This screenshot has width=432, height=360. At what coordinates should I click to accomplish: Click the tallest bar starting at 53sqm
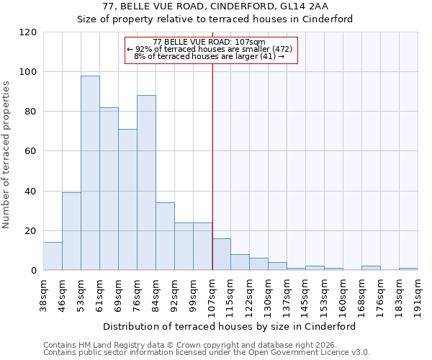click(x=90, y=173)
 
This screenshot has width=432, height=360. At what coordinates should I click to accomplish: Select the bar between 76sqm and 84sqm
click(x=146, y=183)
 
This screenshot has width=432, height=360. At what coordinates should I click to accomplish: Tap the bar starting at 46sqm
click(x=71, y=231)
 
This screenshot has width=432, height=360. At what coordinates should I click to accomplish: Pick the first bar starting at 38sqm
click(x=53, y=256)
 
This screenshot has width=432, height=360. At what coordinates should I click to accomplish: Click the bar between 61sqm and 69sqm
click(x=109, y=189)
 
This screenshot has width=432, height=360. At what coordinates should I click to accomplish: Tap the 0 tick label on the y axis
click(x=34, y=271)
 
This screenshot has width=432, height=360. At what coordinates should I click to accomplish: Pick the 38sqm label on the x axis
click(x=44, y=292)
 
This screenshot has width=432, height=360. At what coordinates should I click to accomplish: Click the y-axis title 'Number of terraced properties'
click(x=7, y=155)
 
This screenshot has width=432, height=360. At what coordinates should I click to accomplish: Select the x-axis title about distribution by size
click(x=230, y=326)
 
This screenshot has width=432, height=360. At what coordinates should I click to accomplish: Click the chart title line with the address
click(x=215, y=6)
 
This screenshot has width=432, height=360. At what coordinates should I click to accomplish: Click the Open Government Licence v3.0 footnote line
click(x=206, y=353)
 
